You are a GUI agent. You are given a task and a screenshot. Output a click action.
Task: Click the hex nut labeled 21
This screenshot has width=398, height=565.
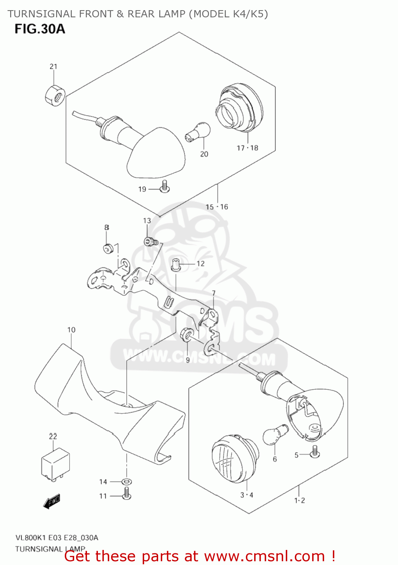55,96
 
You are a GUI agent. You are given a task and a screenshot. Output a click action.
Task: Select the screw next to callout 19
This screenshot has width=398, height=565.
165,187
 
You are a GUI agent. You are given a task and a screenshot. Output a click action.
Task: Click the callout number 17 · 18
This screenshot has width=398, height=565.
247,148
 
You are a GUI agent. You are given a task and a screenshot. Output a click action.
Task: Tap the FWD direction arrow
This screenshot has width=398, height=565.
52,501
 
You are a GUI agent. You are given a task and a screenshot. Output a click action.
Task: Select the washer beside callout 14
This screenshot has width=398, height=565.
127,481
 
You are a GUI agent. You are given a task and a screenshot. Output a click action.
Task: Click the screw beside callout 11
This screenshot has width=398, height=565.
127,493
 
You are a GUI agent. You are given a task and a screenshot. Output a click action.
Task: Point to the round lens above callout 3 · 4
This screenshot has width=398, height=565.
234,459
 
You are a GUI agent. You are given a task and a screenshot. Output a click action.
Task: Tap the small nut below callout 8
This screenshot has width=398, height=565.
108,248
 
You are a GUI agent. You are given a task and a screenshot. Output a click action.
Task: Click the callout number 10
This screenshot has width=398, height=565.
71,330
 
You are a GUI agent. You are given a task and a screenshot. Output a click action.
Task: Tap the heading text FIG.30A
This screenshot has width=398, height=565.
40,29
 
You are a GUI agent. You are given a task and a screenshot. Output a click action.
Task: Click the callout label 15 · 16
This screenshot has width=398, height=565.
217,207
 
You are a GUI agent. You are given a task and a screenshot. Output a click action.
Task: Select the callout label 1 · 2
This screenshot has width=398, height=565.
299,500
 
